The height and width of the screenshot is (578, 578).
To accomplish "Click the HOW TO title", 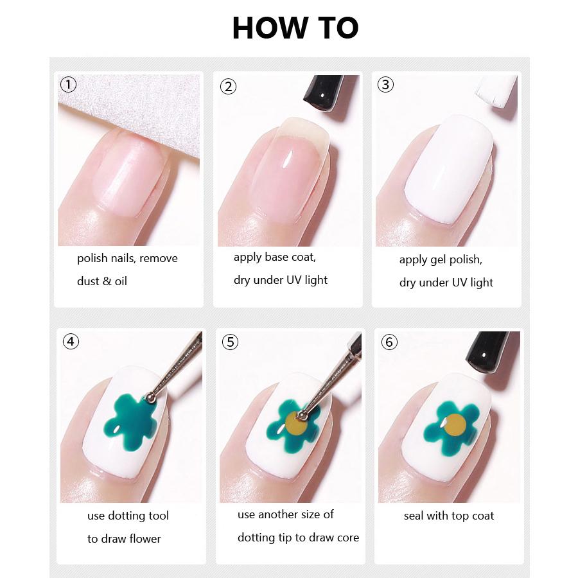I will pyautogui.click(x=295, y=28).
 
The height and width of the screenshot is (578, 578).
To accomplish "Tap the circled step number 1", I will pyautogui.click(x=68, y=84).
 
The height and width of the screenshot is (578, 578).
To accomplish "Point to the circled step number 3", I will pyautogui.click(x=385, y=84).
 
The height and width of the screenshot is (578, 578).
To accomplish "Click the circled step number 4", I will pyautogui.click(x=71, y=341).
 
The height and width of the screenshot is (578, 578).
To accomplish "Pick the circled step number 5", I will pyautogui.click(x=230, y=342).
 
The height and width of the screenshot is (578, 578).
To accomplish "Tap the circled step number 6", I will pyautogui.click(x=389, y=342).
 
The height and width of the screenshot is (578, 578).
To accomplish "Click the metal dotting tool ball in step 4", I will pyautogui.click(x=150, y=398).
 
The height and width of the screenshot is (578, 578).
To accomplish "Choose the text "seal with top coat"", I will pyautogui.click(x=449, y=516).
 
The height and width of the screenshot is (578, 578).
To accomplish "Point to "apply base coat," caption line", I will pyautogui.click(x=275, y=257).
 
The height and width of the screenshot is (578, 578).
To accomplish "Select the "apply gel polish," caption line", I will pyautogui.click(x=441, y=259).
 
